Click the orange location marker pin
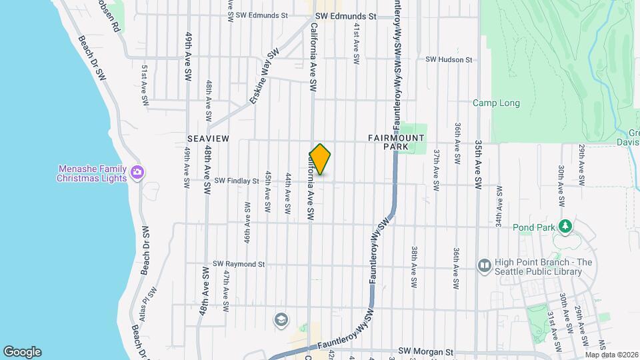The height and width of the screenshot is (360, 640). coord(320,159)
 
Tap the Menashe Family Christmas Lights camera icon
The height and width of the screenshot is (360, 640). coord(137,173)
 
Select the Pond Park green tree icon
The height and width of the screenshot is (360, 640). coord(565,227)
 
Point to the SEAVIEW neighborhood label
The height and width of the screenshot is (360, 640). coord(208,138)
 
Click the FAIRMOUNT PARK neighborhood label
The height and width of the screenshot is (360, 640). coord(396,142)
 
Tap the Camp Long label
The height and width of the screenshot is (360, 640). coord(496,103)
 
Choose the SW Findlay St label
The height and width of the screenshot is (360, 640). coord(236,181)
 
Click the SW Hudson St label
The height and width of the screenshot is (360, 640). coord(449,59)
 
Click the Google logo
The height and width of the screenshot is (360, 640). coord(23,352)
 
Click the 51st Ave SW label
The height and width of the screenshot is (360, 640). coord(144,85)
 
